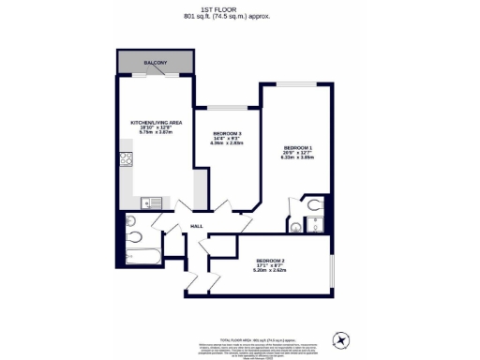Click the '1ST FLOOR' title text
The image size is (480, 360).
pyautogui.click(x=239, y=7)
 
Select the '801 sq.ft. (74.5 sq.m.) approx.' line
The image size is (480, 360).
pyautogui.click(x=239, y=16)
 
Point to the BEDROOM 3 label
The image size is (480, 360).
pyautogui.click(x=228, y=133)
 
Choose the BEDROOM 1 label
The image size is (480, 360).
pyautogui.click(x=296, y=148)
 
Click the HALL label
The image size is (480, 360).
pyautogui.click(x=197, y=226)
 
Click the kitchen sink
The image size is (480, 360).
pyautogui.click(x=147, y=202)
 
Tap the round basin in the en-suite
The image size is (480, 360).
pyautogui.click(x=296, y=225)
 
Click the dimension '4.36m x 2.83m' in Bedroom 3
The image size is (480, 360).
pyautogui.click(x=228, y=143)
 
